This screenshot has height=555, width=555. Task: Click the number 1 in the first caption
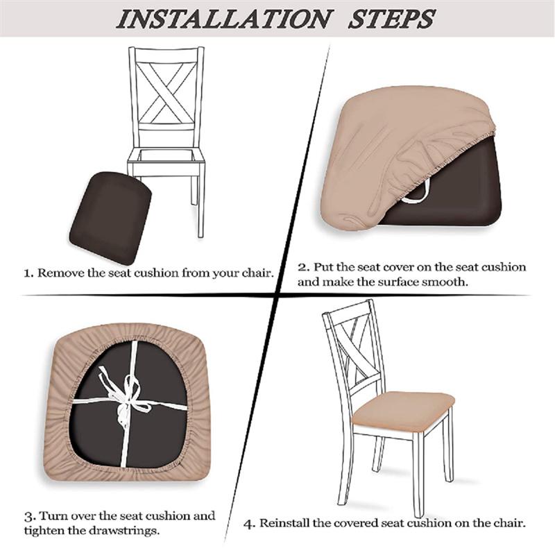(28, 273)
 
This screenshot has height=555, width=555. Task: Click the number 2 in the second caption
(302, 267)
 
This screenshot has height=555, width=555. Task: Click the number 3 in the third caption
(28, 517)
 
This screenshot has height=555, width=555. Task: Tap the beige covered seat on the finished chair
(402, 409)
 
